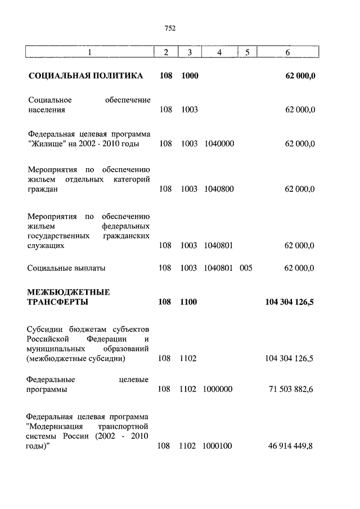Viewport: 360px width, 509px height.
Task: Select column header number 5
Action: tap(246, 52)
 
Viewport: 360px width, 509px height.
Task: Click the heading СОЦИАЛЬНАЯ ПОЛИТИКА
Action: tap(85, 75)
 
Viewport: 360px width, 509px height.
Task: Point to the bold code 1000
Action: tap(190, 75)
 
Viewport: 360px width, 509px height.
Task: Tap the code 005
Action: tap(246, 268)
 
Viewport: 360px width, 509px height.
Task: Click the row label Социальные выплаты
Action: tap(66, 268)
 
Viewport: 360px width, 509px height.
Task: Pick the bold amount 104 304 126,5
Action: tap(289, 302)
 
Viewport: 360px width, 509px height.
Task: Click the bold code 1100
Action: tap(190, 302)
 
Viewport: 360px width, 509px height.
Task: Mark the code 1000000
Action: tap(218, 389)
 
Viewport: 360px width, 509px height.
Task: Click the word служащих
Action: tap(46, 246)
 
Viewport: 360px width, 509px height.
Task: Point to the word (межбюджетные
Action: tap(57, 358)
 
